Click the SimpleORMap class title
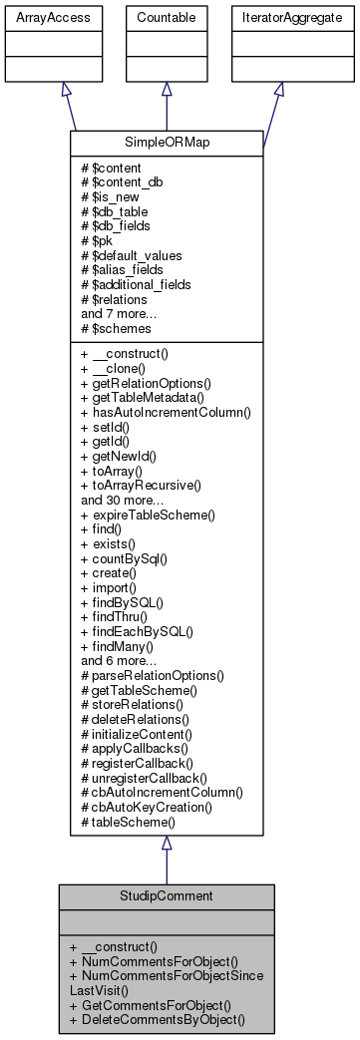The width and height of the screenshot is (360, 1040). coord(166,143)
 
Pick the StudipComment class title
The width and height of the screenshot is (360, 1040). coord(166,896)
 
